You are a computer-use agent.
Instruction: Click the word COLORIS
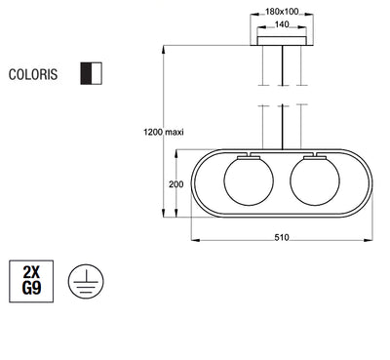click(x=33, y=74)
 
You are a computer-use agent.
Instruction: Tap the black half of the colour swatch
click(x=86, y=73)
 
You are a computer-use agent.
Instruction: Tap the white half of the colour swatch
click(x=97, y=73)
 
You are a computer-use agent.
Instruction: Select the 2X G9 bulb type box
click(x=31, y=281)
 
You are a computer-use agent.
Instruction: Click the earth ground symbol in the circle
click(x=86, y=281)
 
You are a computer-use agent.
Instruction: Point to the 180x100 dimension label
click(x=282, y=12)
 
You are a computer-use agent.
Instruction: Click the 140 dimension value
click(x=282, y=24)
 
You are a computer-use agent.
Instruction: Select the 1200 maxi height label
click(x=164, y=132)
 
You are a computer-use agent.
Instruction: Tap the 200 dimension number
click(x=175, y=184)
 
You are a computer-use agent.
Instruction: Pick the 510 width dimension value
click(x=282, y=238)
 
